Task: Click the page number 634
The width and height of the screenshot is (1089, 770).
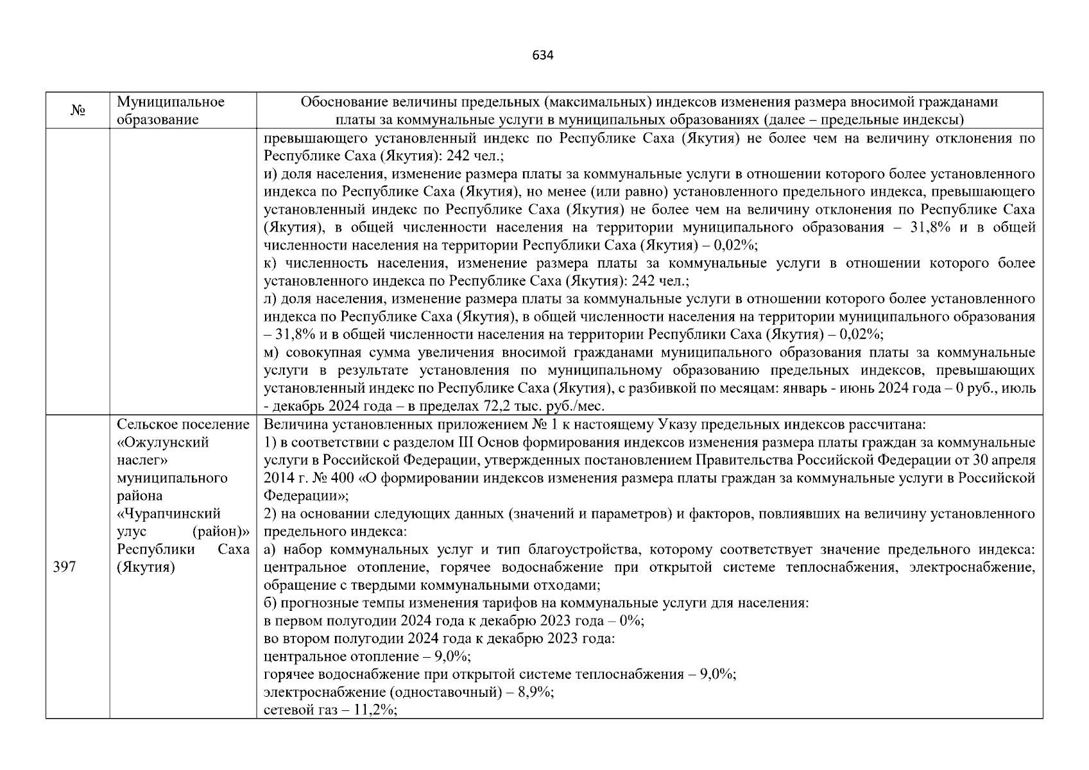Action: [543, 55]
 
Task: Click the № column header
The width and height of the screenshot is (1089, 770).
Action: [78, 111]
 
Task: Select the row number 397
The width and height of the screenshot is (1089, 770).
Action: [64, 567]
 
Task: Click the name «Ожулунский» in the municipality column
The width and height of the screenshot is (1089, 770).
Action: [163, 442]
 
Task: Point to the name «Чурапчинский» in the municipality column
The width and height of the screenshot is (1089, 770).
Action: [169, 513]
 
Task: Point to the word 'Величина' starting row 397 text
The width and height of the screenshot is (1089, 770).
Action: [290, 424]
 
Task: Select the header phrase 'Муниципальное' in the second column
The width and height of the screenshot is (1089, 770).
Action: [171, 102]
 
